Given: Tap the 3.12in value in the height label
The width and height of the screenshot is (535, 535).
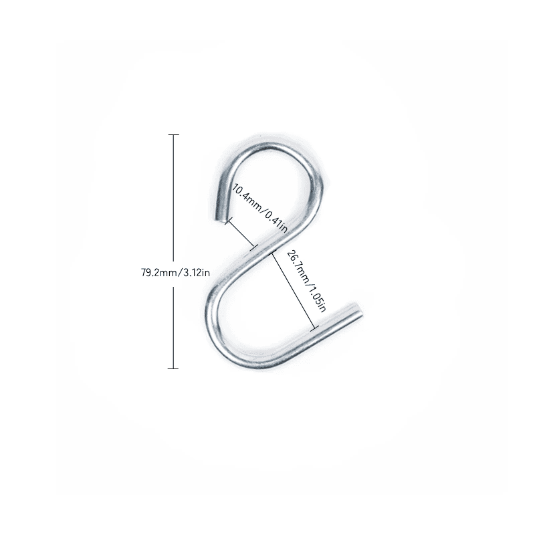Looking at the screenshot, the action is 197,273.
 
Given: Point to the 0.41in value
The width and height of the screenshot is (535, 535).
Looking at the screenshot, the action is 276,222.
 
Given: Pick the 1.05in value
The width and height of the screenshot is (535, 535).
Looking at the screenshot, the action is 317,300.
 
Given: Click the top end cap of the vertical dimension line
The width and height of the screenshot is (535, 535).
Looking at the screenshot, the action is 173,135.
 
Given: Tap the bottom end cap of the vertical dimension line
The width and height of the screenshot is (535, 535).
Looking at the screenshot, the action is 173,368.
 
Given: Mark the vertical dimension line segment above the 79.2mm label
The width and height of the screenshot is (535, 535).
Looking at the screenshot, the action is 173,198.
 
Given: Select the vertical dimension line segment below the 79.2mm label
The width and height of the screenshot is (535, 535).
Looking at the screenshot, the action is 173,328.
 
